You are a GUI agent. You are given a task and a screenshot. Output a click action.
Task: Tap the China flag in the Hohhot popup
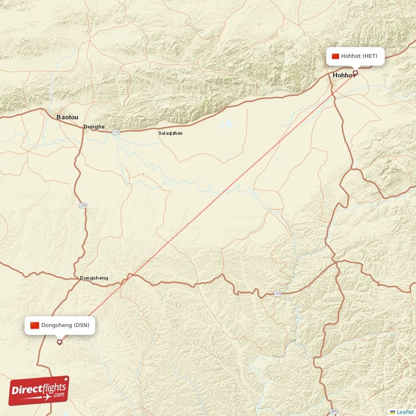coord(335,56)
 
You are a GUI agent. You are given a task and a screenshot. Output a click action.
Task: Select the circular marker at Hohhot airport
coord(355,73)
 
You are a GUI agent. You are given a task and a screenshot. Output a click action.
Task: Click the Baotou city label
coord(67,118)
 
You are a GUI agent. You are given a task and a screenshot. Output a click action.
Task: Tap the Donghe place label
coord(94,126)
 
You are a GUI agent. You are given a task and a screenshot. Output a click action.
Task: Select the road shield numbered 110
coord(116,133)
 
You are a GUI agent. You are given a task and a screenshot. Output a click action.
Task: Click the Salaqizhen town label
coord(171,133)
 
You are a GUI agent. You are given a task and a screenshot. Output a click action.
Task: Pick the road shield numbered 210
coord(83,205)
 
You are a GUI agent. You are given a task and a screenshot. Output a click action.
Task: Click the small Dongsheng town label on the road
coord(94,278)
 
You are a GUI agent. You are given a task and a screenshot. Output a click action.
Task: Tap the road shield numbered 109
coord(278,294)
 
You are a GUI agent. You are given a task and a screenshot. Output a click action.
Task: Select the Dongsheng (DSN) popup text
coord(66,326)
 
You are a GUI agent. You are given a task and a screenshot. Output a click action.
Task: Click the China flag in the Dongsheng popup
coord(35,326)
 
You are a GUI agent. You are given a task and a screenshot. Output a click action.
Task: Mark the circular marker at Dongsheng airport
coord(59,342)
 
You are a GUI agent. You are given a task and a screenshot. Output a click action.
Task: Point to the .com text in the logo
coord(57,395)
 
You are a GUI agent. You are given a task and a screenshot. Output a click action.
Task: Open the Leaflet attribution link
coord(405,412)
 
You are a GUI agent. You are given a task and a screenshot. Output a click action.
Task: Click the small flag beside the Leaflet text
coord(392,412)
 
